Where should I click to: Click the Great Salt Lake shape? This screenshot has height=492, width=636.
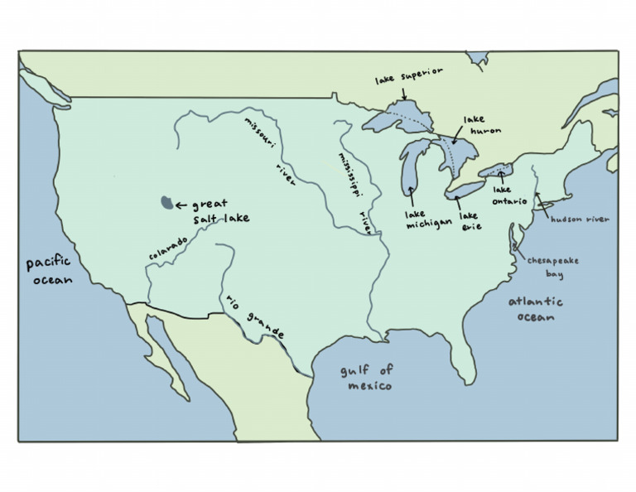167,203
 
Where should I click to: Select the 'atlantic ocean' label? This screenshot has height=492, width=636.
535,308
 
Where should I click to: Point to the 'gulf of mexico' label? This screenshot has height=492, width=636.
368,378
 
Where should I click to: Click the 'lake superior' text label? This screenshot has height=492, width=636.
408,75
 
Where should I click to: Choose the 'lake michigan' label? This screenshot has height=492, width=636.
428,219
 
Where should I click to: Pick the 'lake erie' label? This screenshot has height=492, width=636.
469,221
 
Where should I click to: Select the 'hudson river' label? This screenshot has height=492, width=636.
581,219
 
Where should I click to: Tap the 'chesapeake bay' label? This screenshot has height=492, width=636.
555,267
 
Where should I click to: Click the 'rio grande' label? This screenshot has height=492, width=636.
254,317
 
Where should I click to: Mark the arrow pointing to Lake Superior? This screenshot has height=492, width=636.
403,93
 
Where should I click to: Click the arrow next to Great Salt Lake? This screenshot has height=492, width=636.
182,204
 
